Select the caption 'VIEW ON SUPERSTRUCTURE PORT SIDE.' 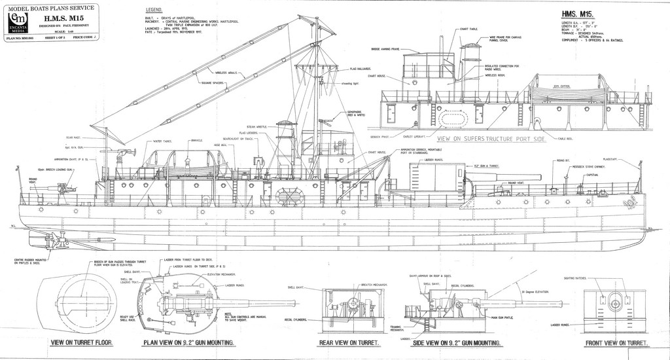tap(491, 139)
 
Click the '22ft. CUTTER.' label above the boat tap(562, 85)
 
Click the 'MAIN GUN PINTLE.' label tap(504, 317)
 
